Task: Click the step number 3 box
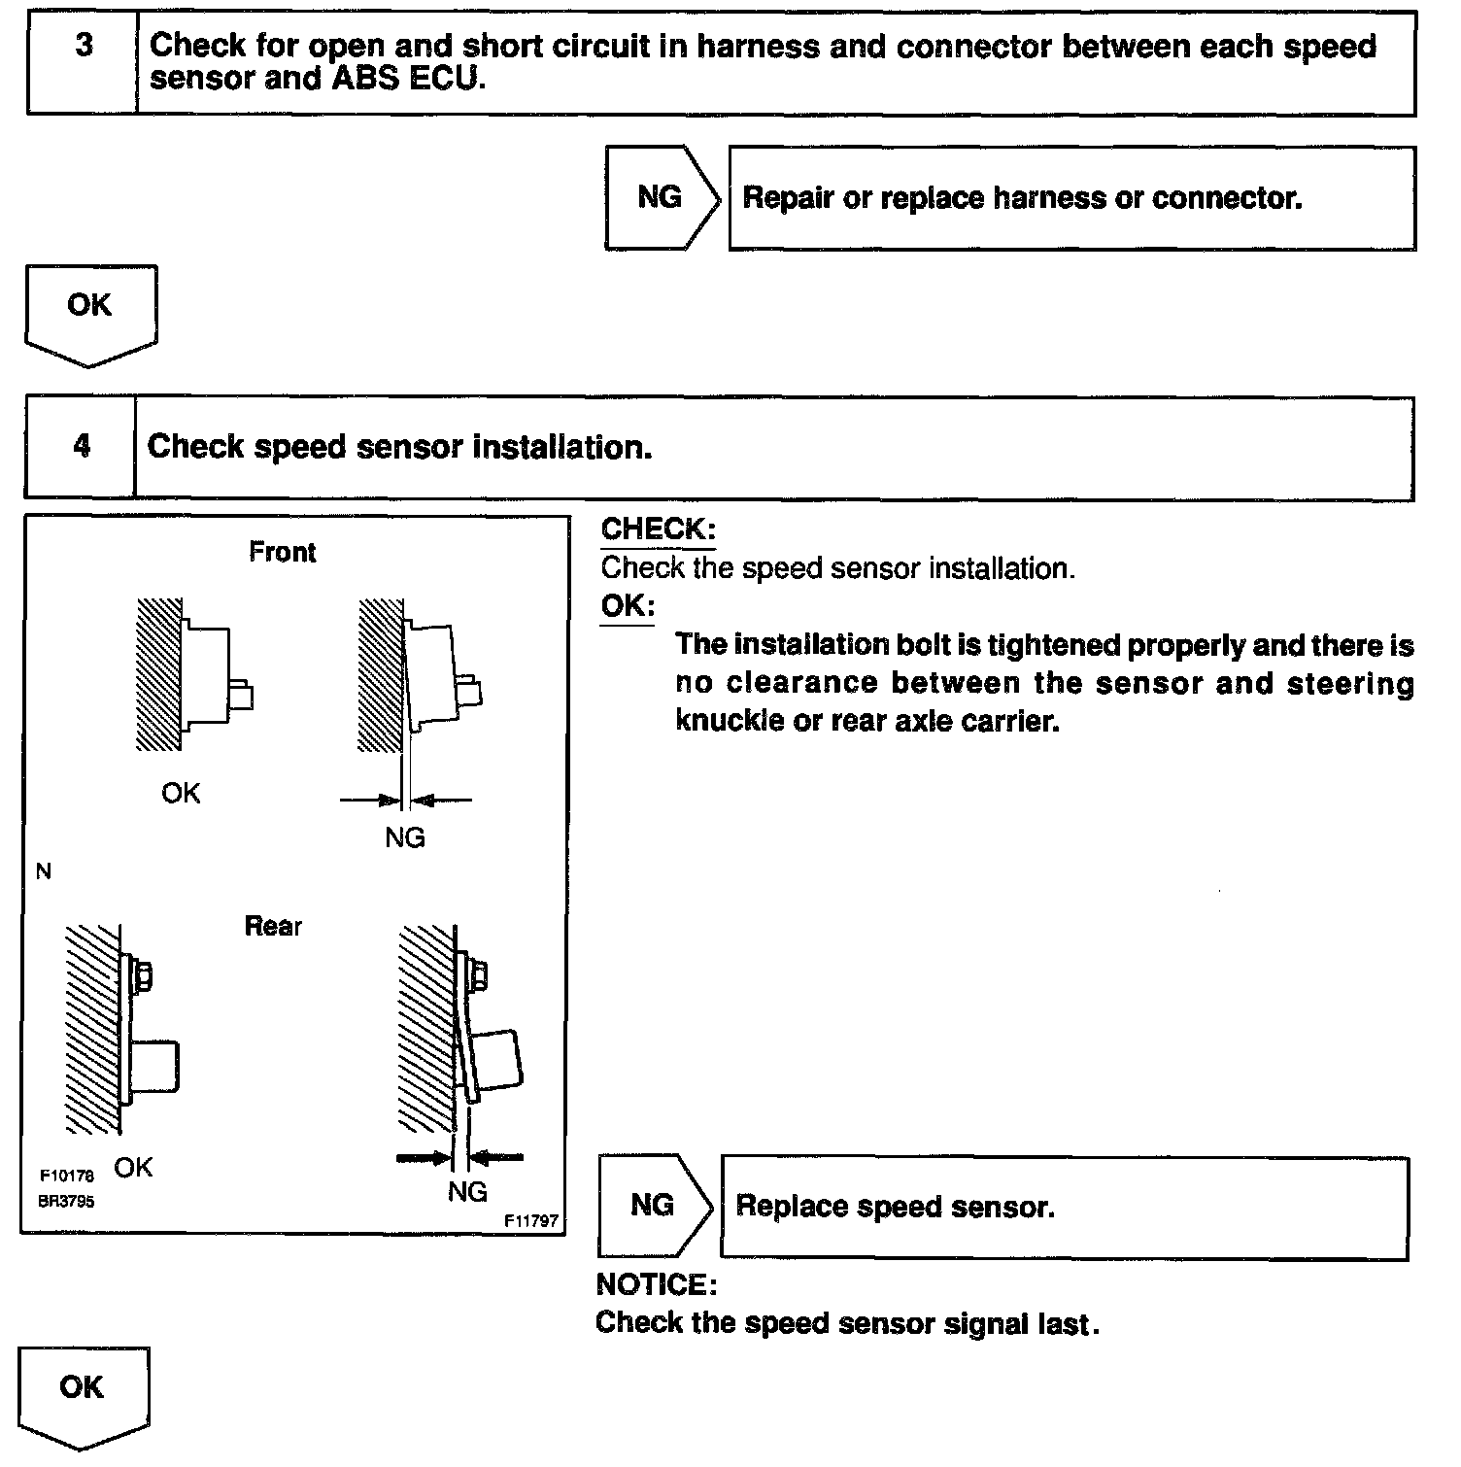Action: pos(84,63)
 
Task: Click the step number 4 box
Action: pos(82,447)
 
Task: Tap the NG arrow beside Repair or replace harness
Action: pos(662,198)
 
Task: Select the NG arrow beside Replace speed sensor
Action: pos(654,1207)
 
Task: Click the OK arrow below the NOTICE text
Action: pos(83,1394)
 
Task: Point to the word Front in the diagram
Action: pos(283,553)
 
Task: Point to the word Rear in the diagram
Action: pos(273,927)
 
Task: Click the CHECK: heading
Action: pos(658,529)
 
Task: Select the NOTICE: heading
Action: pos(656,1285)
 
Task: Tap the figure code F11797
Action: pos(532,1221)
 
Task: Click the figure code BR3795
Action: pos(66,1201)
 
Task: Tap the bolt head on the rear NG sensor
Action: pos(478,974)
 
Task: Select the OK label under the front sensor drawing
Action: pos(181,794)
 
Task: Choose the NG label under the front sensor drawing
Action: pos(405,837)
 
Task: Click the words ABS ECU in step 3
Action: pos(407,80)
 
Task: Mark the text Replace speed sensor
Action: pos(895,1208)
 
